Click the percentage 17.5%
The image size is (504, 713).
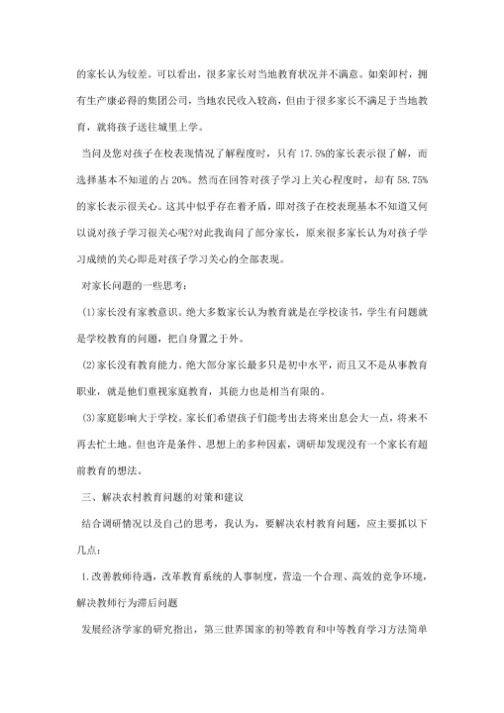click(x=295, y=155)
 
